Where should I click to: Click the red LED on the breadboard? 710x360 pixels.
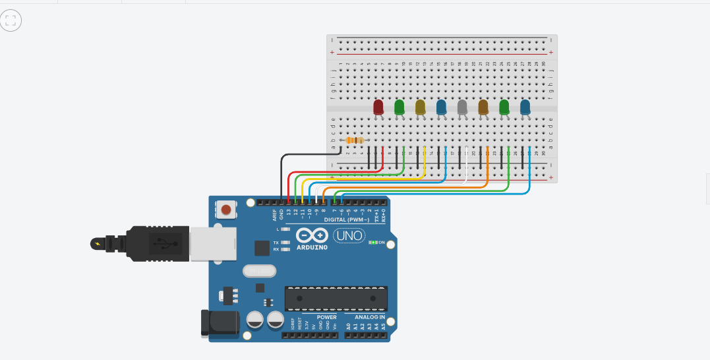378,107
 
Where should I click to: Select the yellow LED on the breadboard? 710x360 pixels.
421,107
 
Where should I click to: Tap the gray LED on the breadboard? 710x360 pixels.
462,107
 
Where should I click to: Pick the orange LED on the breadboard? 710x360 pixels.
483,107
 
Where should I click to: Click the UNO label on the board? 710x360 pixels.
349,235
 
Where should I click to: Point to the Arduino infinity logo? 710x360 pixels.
312,235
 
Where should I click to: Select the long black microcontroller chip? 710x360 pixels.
336,298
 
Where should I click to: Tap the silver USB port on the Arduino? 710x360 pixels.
206,244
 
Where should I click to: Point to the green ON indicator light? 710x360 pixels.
373,242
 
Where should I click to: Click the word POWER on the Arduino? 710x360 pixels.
326,317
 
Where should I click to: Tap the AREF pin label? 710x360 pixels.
275,214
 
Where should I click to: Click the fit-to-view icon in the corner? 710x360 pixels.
11,20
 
